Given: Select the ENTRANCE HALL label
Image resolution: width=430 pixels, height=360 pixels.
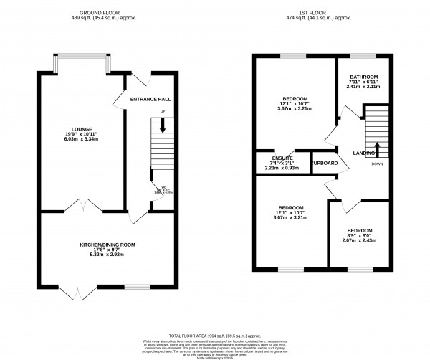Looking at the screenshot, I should (x=148, y=100).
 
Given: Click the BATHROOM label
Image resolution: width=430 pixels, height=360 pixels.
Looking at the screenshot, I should (x=363, y=77).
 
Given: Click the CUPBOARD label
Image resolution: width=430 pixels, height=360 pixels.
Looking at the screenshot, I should (x=325, y=163).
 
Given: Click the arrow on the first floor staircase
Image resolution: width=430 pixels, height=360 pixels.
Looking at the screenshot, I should (x=378, y=148).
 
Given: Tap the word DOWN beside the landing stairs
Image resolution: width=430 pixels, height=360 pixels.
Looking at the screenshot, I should (x=377, y=164).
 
